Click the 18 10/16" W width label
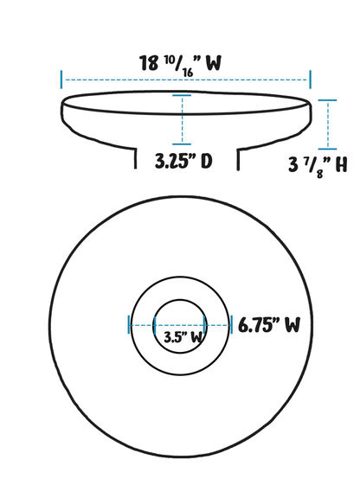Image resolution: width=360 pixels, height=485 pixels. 181,66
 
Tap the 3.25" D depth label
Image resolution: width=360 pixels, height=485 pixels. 183,161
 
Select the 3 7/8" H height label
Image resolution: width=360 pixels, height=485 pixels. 318,166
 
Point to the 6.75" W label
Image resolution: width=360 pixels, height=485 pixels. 269,325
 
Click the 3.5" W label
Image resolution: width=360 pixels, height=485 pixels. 183,337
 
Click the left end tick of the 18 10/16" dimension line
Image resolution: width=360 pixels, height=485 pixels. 61,80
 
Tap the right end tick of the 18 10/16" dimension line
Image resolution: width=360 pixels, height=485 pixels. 310,80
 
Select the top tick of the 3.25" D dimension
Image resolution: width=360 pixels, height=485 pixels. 182,95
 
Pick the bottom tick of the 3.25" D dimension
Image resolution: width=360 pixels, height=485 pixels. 182,144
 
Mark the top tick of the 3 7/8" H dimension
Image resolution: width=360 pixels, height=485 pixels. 327,100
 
